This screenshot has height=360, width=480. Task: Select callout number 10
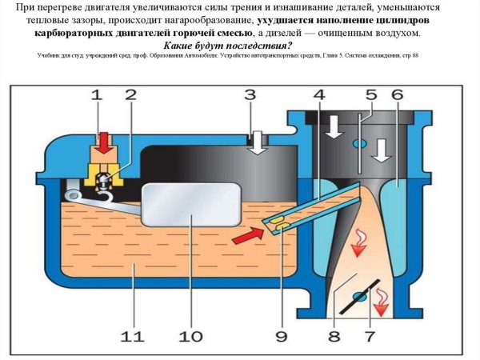191,335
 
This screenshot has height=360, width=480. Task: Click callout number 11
130,335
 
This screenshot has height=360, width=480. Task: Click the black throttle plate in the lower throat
359,296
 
